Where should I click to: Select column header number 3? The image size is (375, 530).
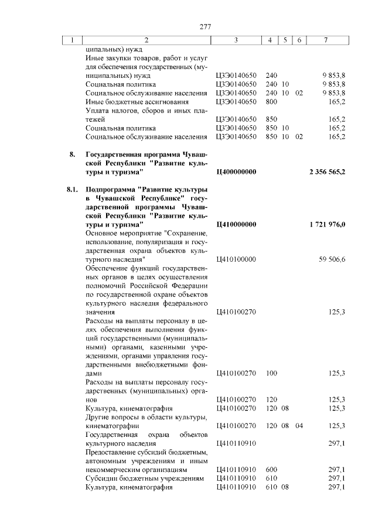point(235,40)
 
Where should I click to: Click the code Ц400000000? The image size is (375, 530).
point(236,172)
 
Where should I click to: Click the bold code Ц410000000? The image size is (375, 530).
point(236,225)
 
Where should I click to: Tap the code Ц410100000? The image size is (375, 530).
point(236,259)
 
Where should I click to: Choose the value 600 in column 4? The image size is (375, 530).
point(271,470)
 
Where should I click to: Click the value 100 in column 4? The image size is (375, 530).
point(271,373)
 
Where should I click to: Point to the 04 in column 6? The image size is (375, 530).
point(299,426)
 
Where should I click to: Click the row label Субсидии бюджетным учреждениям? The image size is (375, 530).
point(144,478)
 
